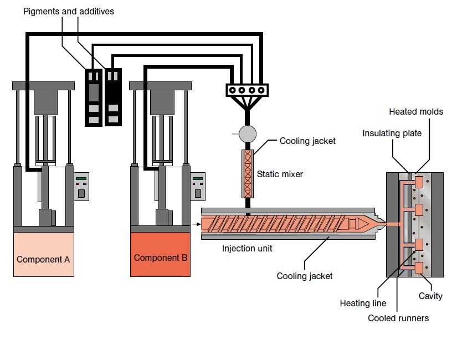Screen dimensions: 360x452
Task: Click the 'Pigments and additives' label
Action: coord(69,12)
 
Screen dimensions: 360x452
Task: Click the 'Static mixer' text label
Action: coord(280,174)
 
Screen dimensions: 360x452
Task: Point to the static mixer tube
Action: coord(248,173)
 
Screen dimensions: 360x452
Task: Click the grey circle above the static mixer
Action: coord(248,133)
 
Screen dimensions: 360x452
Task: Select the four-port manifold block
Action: coord(248,90)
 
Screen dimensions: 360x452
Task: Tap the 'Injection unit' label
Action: coord(247,249)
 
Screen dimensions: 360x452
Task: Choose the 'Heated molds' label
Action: coord(416,112)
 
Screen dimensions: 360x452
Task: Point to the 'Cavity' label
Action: coord(430,296)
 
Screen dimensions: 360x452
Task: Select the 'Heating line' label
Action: coord(363,304)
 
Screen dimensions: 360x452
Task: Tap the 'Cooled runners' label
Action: coord(398,318)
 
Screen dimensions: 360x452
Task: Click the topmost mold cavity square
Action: coord(418,182)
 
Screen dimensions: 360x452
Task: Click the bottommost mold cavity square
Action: coord(418,268)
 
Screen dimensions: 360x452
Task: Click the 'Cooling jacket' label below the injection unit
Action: coord(305,276)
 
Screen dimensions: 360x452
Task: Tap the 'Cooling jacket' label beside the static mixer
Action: coord(307,141)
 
